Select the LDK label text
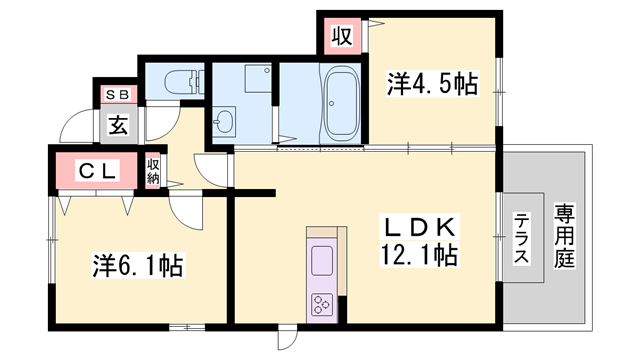pyautogui.click(x=419, y=226)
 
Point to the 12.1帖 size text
pyautogui.click(x=419, y=255)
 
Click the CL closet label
pyautogui.click(x=98, y=171)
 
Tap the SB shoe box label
pyautogui.click(x=117, y=94)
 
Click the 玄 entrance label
pyautogui.click(x=118, y=126)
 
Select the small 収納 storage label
pyautogui.click(x=154, y=171)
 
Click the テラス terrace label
pyautogui.click(x=522, y=240)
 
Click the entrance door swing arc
pyautogui.click(x=76, y=129)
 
